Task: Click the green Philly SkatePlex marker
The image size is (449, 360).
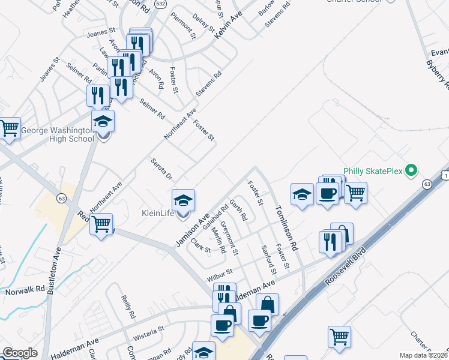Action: tap(411, 172)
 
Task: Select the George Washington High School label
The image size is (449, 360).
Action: tap(58, 134)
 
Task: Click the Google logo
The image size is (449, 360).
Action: tap(20, 353)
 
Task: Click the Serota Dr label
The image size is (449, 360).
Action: tap(161, 169)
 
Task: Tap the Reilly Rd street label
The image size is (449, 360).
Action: tap(127, 307)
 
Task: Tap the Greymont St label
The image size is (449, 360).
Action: tap(230, 236)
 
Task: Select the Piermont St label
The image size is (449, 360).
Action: tap(183, 25)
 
